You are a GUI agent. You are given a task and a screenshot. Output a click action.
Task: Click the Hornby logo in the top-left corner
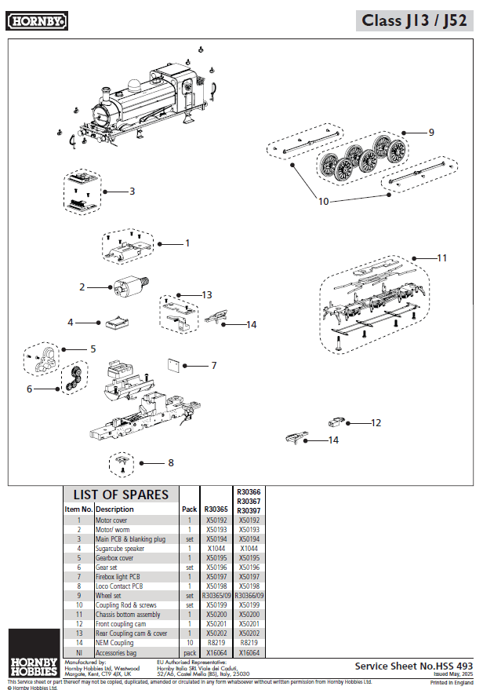coord(37,22)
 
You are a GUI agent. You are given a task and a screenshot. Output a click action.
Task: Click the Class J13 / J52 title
coord(415,21)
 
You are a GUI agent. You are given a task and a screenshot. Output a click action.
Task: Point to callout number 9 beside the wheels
coord(430,132)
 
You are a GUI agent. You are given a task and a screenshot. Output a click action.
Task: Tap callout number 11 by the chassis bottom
coord(441,257)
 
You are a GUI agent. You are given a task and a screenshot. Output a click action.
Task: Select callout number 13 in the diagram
coord(206,294)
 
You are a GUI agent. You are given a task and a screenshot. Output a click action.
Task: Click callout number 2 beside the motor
coord(82,287)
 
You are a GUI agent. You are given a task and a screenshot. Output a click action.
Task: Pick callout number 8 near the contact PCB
coord(170,463)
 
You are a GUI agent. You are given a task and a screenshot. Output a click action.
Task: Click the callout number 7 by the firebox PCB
coord(213,365)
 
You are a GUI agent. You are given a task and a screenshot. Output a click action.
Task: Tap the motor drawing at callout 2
coord(125,286)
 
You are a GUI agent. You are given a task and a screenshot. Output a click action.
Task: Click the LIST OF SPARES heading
coord(121,495)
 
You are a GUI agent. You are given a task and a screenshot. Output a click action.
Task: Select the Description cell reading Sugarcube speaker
coord(127,549)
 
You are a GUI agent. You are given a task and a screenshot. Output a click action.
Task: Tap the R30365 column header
coord(216,509)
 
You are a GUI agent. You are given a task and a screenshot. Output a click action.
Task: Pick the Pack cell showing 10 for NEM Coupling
coord(190,643)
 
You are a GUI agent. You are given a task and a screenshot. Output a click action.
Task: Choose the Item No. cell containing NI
coord(78,652)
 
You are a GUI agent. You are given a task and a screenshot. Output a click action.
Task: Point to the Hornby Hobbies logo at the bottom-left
coord(33,664)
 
